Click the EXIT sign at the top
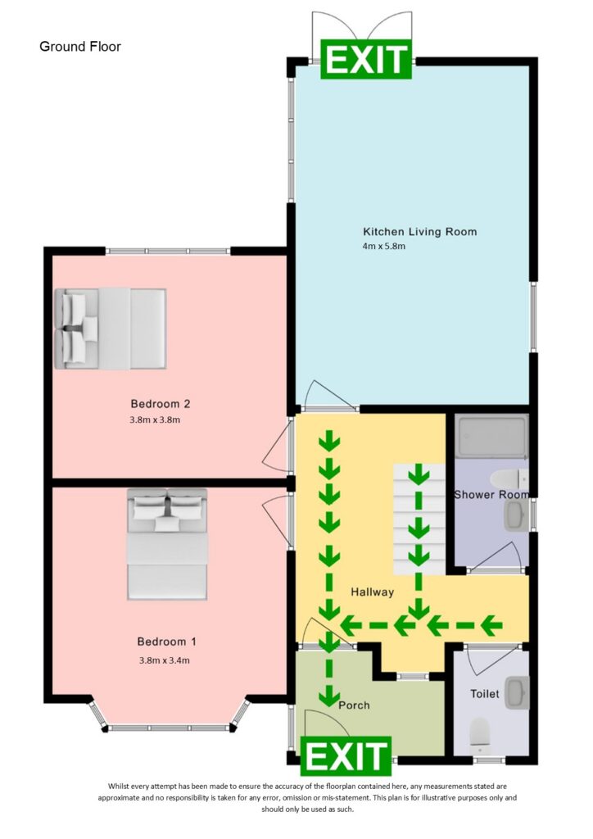[365, 60]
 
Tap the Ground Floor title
[80, 47]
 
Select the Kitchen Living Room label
[419, 232]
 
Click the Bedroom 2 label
[161, 403]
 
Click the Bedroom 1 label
[166, 642]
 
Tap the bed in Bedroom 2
[110, 328]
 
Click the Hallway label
[373, 592]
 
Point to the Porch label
[354, 705]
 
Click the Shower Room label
[491, 494]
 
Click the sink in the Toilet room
[514, 692]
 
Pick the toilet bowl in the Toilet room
[479, 734]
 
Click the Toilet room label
[484, 693]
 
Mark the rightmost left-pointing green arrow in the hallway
[491, 627]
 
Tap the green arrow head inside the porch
[329, 696]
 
